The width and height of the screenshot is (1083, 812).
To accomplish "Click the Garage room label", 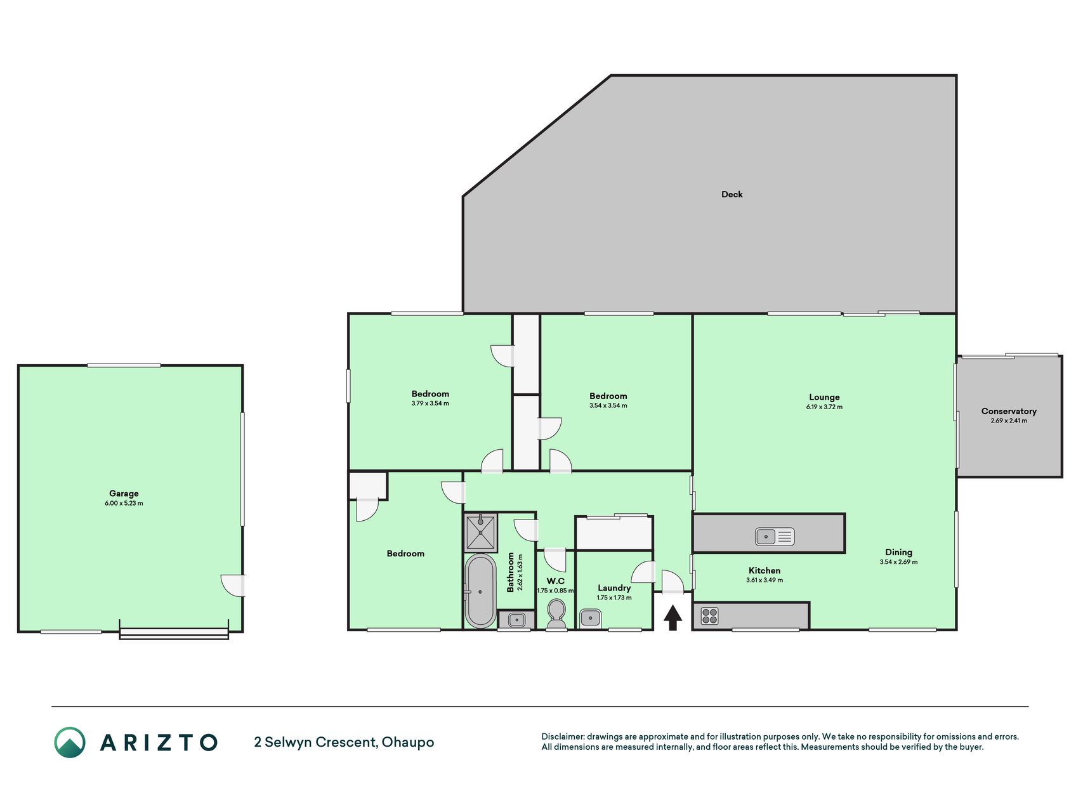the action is click(124, 494).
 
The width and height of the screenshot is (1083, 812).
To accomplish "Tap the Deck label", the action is click(732, 194).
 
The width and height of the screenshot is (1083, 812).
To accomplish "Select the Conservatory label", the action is click(1009, 411).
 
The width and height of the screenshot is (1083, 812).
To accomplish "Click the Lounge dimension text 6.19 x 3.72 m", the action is click(824, 407).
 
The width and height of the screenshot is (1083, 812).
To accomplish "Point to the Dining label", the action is click(898, 552).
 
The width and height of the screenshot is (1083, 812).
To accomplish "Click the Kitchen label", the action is click(765, 570).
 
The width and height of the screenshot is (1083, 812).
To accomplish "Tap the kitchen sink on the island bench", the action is click(775, 537).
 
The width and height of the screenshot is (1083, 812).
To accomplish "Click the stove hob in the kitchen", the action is click(710, 615).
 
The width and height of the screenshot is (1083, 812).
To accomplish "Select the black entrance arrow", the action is click(673, 617).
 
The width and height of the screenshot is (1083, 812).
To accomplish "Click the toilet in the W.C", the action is click(556, 613).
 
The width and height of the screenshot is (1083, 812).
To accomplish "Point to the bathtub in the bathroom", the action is click(480, 591).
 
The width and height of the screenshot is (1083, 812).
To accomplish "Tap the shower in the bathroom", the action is click(481, 533).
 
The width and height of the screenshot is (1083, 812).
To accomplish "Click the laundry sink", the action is click(591, 617).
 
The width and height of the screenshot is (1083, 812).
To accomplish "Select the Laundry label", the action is click(614, 588).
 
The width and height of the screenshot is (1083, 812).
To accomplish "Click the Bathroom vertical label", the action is click(511, 572).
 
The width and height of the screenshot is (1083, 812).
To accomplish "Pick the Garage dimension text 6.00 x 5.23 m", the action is click(124, 503).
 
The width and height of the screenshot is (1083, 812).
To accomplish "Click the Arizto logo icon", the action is click(70, 742).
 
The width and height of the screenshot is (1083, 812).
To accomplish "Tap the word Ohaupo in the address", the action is click(408, 742).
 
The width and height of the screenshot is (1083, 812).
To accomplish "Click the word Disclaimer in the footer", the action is click(563, 737).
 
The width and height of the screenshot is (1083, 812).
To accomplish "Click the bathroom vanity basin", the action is click(516, 619).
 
